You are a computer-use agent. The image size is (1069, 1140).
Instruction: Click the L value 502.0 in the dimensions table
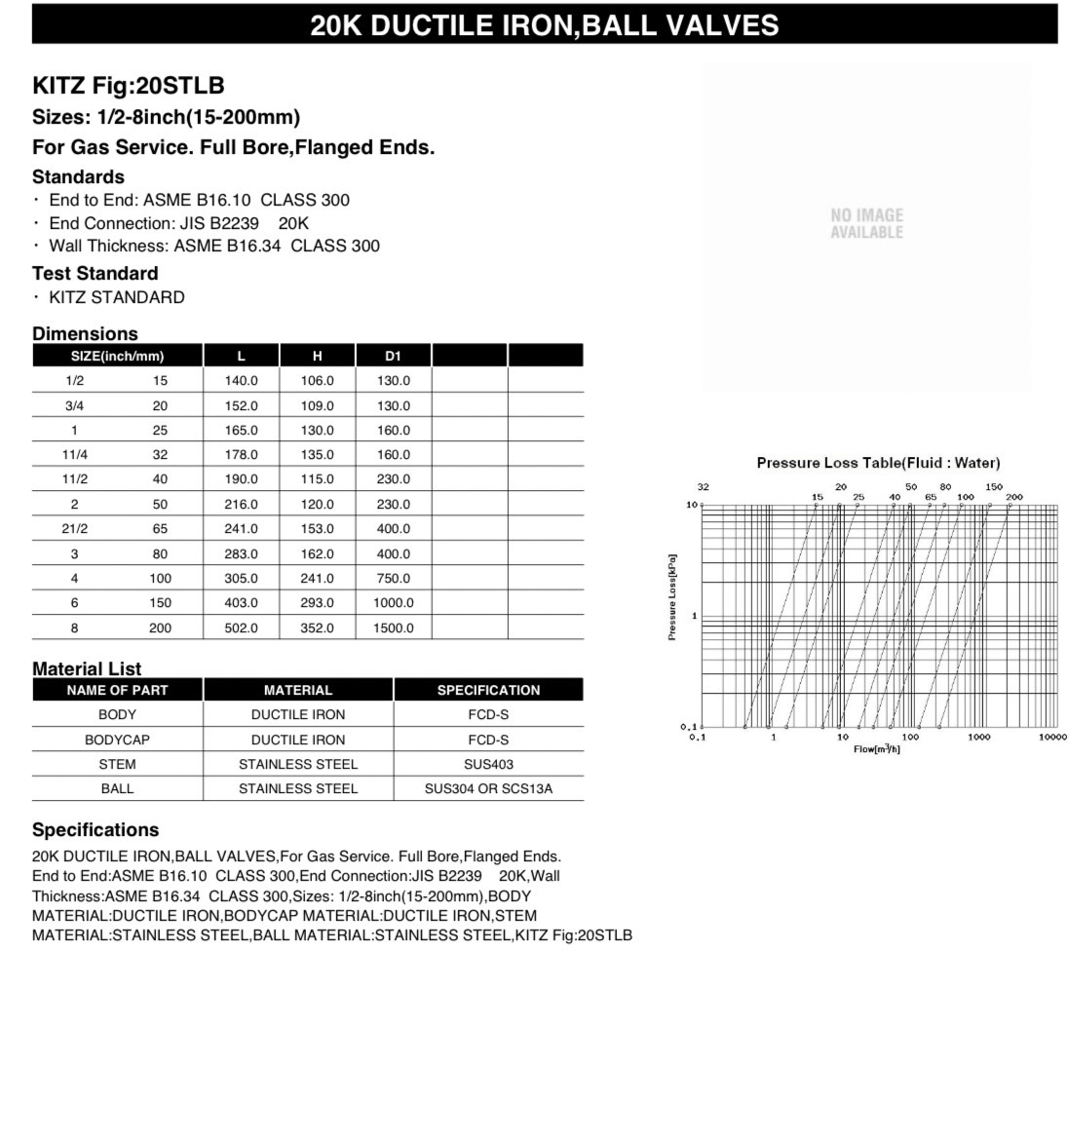pyautogui.click(x=241, y=628)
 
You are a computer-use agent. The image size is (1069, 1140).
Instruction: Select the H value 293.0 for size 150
pyautogui.click(x=317, y=603)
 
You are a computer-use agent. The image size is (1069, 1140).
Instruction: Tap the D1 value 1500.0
pyautogui.click(x=394, y=628)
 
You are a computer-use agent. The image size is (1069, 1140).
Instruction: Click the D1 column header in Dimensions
pyautogui.click(x=394, y=356)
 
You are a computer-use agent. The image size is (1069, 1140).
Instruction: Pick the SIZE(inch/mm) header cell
pyautogui.click(x=117, y=356)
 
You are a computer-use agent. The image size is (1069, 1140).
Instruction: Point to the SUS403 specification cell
pyautogui.click(x=488, y=764)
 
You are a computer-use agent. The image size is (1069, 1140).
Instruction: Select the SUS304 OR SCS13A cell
pyautogui.click(x=488, y=788)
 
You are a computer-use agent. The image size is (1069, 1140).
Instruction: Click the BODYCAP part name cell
pyautogui.click(x=117, y=740)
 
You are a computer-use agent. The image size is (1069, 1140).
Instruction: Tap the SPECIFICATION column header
pyautogui.click(x=488, y=690)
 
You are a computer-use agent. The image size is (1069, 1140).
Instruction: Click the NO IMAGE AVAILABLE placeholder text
pyautogui.click(x=866, y=223)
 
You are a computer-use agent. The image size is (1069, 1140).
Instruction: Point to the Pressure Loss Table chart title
pyautogui.click(x=878, y=463)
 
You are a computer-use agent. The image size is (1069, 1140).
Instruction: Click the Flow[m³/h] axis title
pyautogui.click(x=876, y=748)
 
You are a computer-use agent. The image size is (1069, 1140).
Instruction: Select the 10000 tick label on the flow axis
pyautogui.click(x=1052, y=738)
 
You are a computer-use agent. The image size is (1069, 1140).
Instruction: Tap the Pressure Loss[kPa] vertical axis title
pyautogui.click(x=672, y=597)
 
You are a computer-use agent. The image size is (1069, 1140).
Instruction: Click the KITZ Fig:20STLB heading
pyautogui.click(x=128, y=85)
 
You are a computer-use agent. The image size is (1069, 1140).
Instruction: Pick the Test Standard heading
pyautogui.click(x=95, y=273)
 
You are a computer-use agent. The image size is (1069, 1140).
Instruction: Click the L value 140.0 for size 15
pyautogui.click(x=241, y=381)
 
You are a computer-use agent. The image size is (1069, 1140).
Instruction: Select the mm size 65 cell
pyautogui.click(x=160, y=529)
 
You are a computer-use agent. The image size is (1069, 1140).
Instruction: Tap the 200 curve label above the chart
pyautogui.click(x=1014, y=497)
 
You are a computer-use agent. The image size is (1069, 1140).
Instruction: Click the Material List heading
pyautogui.click(x=86, y=668)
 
